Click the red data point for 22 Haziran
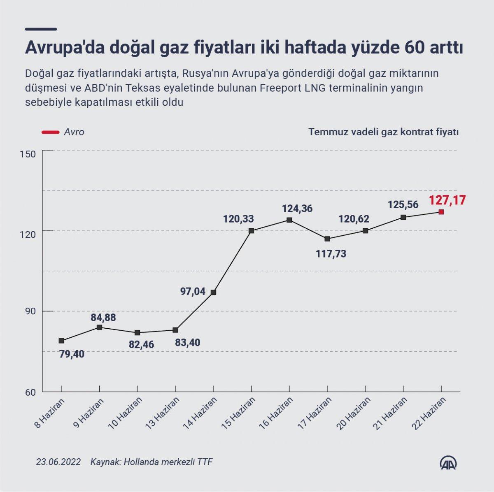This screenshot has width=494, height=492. pyautogui.click(x=441, y=212)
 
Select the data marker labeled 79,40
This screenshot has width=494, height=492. pyautogui.click(x=61, y=341)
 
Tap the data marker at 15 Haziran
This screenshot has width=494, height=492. pyautogui.click(x=251, y=231)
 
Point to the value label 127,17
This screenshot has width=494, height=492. pyautogui.click(x=447, y=200)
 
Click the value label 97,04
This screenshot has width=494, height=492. pyautogui.click(x=193, y=291)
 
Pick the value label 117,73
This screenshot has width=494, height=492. pyautogui.click(x=331, y=254)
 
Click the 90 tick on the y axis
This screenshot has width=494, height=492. pyautogui.click(x=30, y=312)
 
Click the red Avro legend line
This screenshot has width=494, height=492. pyautogui.click(x=49, y=132)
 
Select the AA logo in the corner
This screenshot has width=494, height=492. pyautogui.click(x=449, y=462)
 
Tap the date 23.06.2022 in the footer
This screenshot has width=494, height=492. pyautogui.click(x=58, y=462)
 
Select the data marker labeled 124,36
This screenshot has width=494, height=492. pyautogui.click(x=289, y=220)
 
